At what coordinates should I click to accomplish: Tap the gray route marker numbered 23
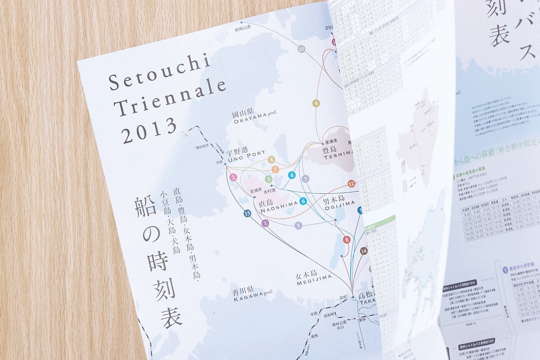[301, 49]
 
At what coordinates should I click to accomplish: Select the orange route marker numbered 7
[275, 170]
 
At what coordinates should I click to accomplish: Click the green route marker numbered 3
[268, 179]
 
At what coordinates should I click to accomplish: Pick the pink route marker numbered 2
[233, 178]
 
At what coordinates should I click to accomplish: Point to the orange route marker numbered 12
[351, 184]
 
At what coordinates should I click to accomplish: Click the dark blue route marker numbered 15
[247, 214]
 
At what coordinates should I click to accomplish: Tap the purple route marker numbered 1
[265, 223]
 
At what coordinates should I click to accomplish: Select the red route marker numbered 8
[347, 240]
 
